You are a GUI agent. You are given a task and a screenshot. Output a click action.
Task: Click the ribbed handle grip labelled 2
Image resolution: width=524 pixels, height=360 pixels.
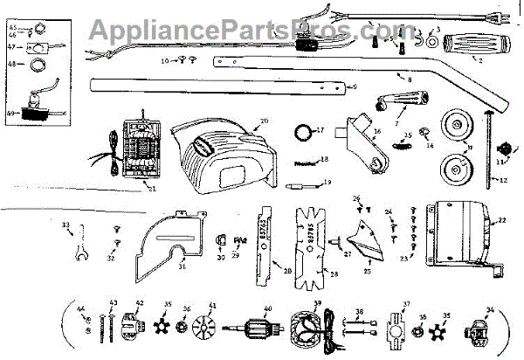(473, 45)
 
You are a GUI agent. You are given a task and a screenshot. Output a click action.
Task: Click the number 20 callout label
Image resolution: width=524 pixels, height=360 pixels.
(264, 120)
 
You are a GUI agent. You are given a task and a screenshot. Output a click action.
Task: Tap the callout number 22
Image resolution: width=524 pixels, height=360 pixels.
(501, 219)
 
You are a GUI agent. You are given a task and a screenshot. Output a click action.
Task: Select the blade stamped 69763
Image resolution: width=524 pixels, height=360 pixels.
(270, 243)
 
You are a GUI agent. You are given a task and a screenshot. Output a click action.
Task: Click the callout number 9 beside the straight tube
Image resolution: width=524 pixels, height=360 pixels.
(354, 87)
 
